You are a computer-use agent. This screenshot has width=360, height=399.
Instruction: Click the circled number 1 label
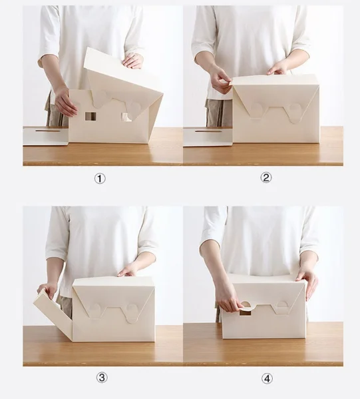pos(100,179)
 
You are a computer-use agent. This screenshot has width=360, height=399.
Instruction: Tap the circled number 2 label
pos(266,178)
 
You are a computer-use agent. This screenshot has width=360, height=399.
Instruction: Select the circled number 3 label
pos(102,378)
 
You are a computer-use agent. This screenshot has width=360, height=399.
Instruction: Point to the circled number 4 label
pos(267,379)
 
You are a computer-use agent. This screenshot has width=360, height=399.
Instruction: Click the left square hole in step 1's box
pos(90,116)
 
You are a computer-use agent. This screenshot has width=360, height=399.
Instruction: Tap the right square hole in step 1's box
pos(126,117)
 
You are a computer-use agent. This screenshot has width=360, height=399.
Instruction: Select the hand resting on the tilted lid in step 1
pos(132,61)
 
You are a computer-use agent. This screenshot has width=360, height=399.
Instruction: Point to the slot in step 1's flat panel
pos(48,131)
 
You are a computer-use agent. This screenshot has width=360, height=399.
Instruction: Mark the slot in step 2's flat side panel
pos(208,131)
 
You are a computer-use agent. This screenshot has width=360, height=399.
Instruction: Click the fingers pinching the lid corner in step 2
pos(222,81)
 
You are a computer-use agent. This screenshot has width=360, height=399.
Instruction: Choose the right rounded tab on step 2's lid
pos(294,114)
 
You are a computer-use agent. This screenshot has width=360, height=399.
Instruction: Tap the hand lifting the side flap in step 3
pos(47,290)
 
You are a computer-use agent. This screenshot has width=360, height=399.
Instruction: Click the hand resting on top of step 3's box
pos(128,270)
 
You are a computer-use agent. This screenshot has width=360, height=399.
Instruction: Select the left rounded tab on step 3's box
pos(96,310)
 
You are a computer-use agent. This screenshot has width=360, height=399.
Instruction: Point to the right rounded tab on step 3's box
pos(132,313)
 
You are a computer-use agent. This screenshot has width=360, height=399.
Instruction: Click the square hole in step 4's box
pos(245,312)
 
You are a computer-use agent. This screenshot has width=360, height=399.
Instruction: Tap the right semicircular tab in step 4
pos(282,304)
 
